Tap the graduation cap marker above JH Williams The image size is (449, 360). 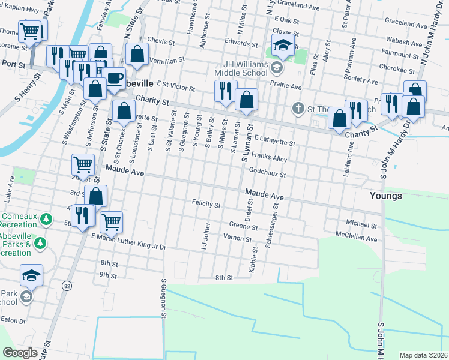pyautogui.click(x=282, y=45)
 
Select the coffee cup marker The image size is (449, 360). pyautogui.click(x=114, y=79)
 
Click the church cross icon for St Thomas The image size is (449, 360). pyautogui.click(x=297, y=109)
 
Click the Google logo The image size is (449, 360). pyautogui.click(x=20, y=353)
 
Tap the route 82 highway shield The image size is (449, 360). pyautogui.click(x=65, y=286)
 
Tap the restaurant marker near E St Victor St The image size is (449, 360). pyautogui.click(x=226, y=91)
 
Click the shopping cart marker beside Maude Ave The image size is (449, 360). pyautogui.click(x=83, y=164)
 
